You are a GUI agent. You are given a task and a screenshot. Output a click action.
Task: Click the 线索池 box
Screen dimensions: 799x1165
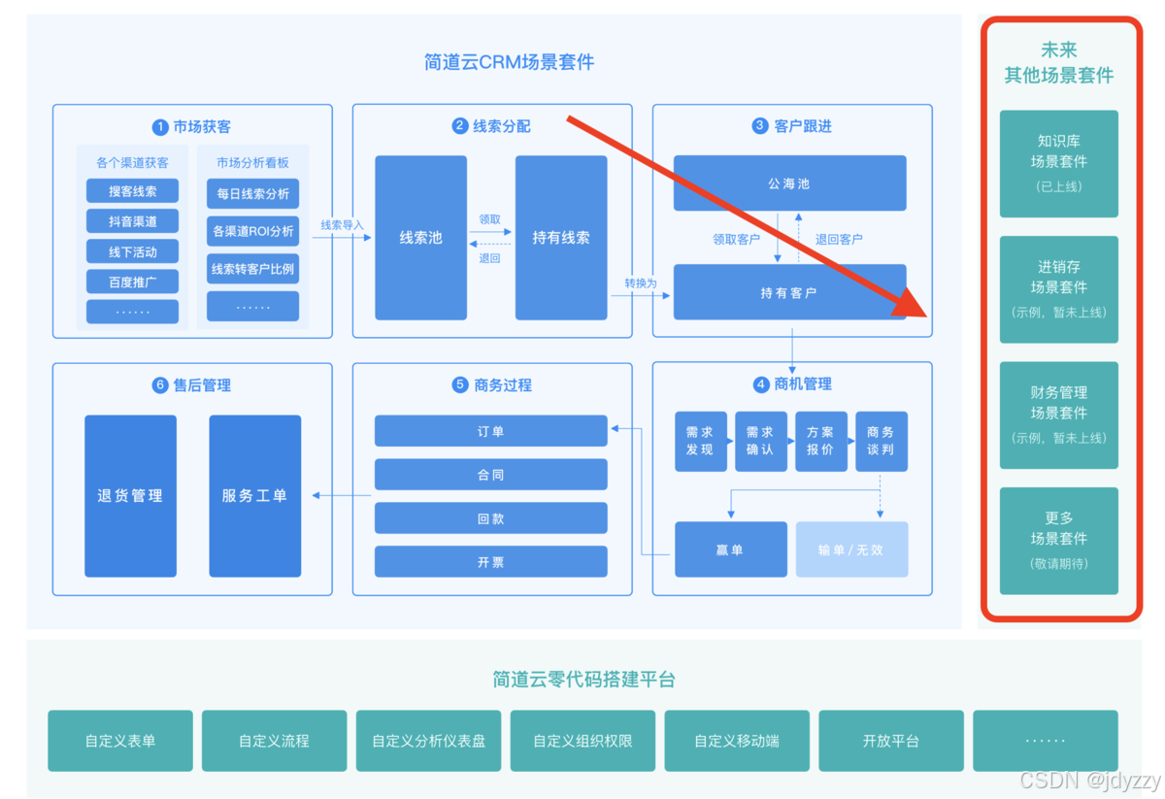[420, 238]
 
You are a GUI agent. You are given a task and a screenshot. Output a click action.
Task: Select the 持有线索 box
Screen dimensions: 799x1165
[561, 238]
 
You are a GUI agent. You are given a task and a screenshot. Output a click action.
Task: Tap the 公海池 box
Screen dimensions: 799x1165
[789, 183]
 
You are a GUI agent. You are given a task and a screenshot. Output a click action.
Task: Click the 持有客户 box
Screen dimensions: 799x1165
[789, 292]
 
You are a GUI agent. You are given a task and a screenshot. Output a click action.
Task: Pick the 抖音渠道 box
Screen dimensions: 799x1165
[132, 221]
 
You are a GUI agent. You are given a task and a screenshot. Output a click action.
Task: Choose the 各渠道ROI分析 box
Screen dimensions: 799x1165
[253, 231]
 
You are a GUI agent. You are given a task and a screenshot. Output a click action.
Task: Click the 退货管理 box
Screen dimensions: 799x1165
[130, 496]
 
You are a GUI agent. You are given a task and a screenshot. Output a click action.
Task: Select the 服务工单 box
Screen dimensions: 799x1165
[254, 496]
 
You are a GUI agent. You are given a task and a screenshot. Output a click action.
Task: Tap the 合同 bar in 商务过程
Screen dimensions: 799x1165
[490, 475]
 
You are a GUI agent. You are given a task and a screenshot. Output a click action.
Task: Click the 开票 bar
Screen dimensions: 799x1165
[490, 562]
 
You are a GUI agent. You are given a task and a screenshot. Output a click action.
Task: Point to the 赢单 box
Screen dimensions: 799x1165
[730, 549]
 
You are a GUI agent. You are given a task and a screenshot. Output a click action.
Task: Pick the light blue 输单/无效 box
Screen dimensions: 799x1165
[851, 549]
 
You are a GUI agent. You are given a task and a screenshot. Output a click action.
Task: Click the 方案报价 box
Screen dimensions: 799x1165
[820, 441]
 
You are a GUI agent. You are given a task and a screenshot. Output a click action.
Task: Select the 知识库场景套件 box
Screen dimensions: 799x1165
[1058, 163]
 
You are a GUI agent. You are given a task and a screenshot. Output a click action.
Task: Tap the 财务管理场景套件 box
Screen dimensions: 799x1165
[1058, 415]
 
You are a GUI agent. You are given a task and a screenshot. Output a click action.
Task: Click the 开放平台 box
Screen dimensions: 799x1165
[890, 741]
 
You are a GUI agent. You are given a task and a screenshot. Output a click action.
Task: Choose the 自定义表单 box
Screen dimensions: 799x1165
[120, 741]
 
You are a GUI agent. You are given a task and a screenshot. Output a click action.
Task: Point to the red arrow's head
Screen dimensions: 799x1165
[916, 308]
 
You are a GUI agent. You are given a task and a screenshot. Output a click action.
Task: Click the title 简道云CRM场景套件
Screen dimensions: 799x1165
[509, 63]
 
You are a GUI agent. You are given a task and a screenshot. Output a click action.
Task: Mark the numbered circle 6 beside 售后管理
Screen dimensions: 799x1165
[160, 385]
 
